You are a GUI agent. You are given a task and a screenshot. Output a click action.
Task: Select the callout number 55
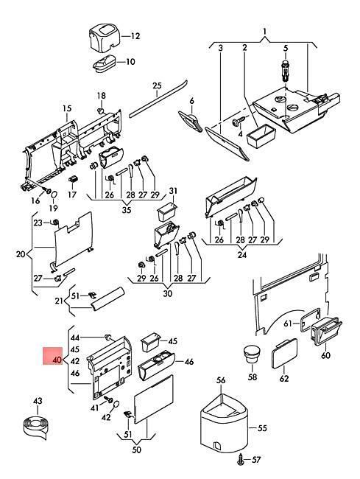tap(262, 428)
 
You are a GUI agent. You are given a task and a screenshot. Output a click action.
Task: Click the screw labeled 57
tap(241, 459)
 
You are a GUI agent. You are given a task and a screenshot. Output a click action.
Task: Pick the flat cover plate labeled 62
tap(284, 353)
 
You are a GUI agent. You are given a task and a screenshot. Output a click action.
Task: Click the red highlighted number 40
tap(57, 360)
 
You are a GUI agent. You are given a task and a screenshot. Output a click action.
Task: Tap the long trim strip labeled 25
tap(158, 98)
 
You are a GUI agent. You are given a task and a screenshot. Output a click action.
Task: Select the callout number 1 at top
tap(264, 31)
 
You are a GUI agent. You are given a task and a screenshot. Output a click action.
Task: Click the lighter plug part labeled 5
tap(285, 70)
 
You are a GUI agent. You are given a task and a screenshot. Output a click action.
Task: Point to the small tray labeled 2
tap(261, 136)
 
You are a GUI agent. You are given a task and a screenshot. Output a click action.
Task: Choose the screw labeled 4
tap(239, 122)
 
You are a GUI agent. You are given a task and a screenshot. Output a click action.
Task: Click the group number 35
tap(127, 210)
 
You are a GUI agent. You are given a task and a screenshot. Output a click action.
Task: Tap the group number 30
tap(168, 293)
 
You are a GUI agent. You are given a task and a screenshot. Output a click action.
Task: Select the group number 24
tap(242, 254)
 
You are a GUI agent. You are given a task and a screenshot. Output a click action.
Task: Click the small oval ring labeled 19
tap(54, 195)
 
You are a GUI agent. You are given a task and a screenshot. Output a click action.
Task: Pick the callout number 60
tap(325, 355)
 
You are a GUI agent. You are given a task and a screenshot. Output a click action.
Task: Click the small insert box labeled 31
tap(166, 211)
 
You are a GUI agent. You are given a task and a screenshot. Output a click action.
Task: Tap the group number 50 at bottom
tap(137, 450)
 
